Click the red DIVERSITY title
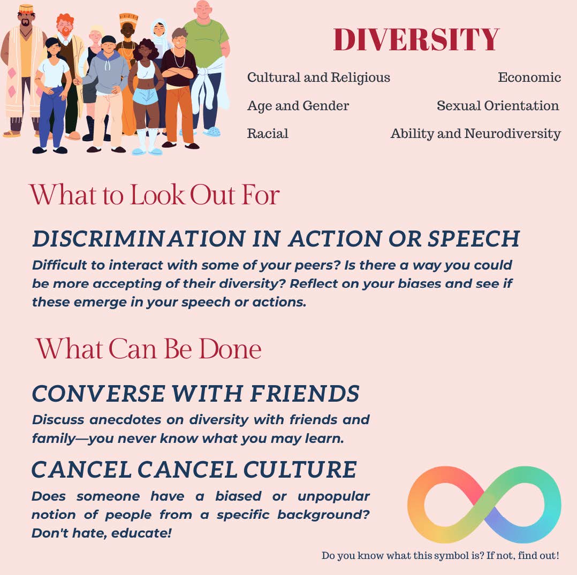[x=416, y=40]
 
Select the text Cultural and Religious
[x=318, y=78]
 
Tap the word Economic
[x=529, y=78]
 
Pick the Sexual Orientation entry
[x=497, y=106]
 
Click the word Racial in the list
[x=268, y=134]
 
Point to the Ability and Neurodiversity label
[x=475, y=134]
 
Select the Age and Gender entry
[x=298, y=106]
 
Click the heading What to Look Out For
[x=154, y=195]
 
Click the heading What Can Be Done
[x=148, y=349]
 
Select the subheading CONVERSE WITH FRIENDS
[x=195, y=394]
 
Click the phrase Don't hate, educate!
[x=102, y=533]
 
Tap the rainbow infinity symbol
[x=484, y=504]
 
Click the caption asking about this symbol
[x=440, y=556]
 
